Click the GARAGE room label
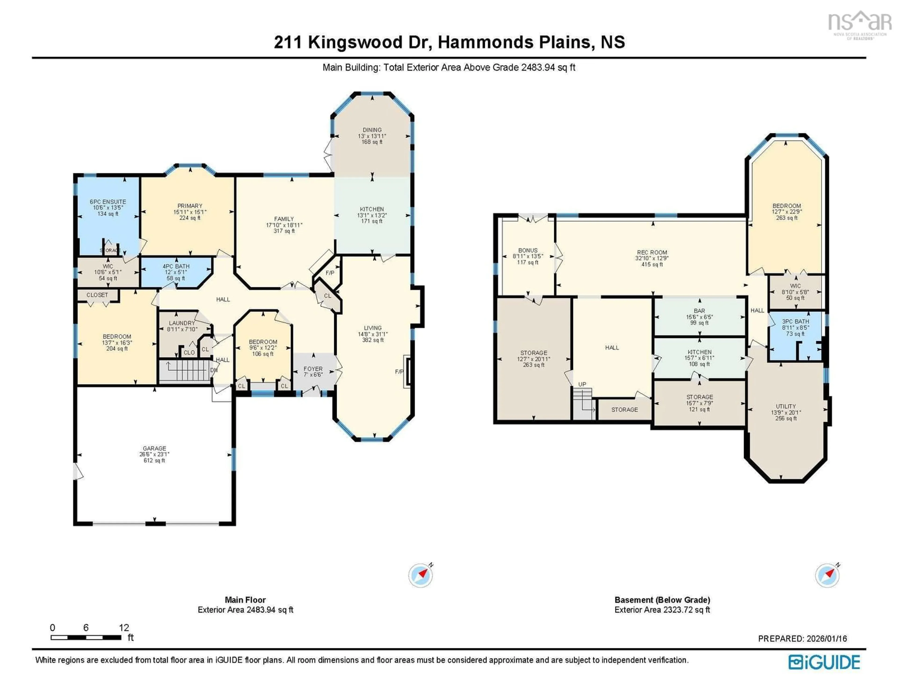pos(154,448)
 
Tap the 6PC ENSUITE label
pos(108,201)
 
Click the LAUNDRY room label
pos(182,323)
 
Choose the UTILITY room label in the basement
pos(786,406)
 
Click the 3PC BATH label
pos(795,321)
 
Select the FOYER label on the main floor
pos(313,369)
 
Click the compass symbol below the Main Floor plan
pos(420,575)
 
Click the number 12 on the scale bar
pos(124,627)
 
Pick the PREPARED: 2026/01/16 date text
pos(802,639)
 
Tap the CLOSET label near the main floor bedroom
pos(97,295)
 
